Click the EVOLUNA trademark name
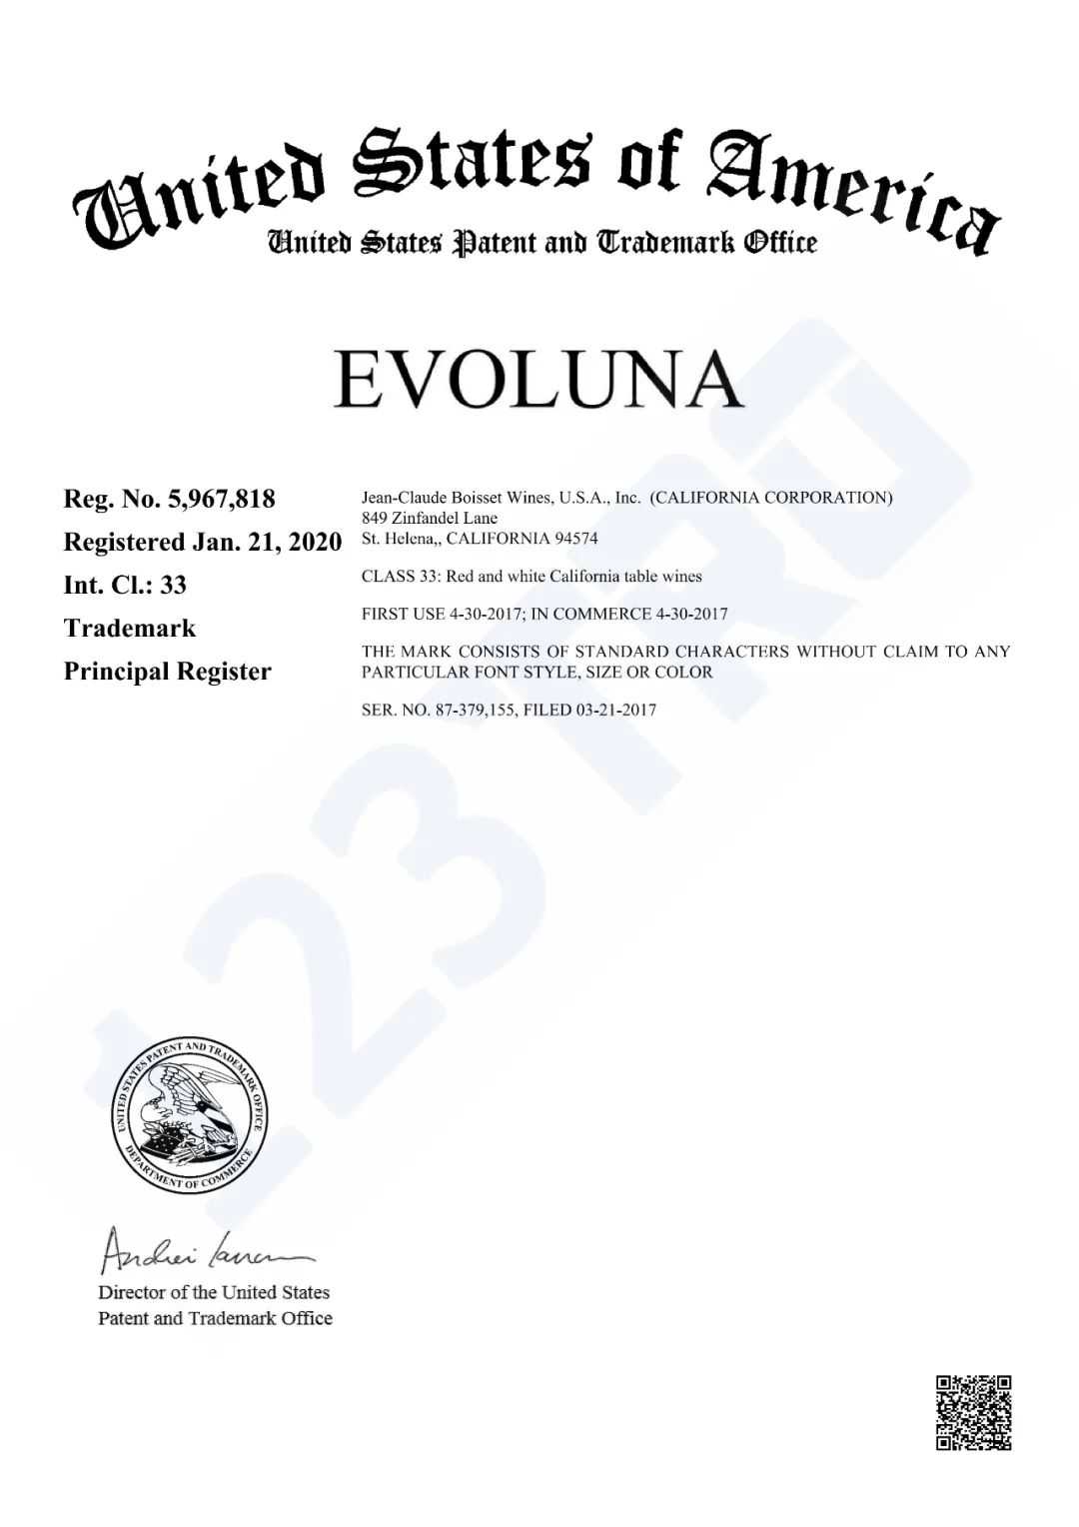539,380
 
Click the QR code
973,1412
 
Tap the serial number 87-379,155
480,710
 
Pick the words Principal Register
167,672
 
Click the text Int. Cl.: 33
125,585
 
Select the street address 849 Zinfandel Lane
429,518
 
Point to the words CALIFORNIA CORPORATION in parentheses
770,498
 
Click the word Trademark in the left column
129,629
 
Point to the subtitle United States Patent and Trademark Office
540,243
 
